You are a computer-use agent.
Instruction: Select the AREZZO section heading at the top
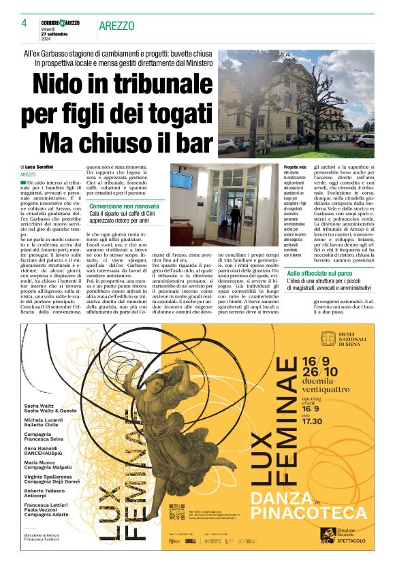(116, 26)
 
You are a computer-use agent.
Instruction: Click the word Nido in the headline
(63, 85)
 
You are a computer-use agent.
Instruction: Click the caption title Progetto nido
(295, 167)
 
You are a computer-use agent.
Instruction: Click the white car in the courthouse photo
(227, 145)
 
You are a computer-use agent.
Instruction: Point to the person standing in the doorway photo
(235, 219)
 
